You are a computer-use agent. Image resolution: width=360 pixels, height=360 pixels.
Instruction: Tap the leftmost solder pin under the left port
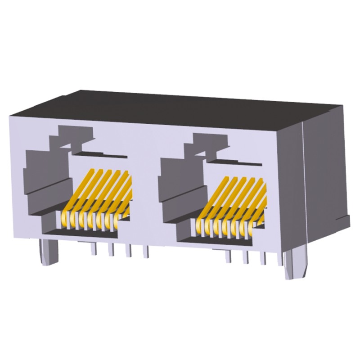(x=94, y=248)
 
